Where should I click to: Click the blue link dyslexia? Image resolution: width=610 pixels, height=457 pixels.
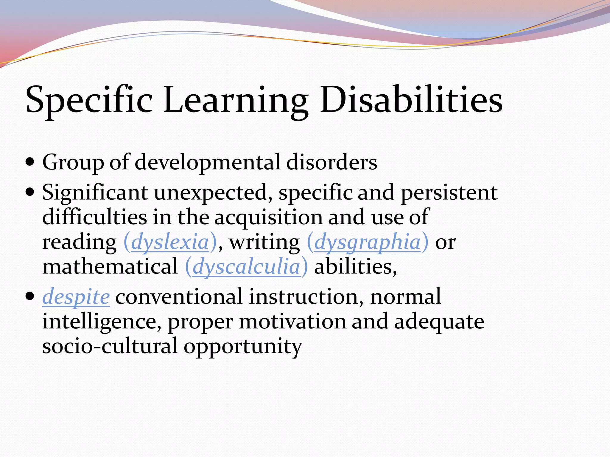pyautogui.click(x=170, y=242)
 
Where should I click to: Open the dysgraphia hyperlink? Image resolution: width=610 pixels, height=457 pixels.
pyautogui.click(x=367, y=242)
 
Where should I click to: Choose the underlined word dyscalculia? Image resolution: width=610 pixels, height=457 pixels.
pyautogui.click(x=246, y=267)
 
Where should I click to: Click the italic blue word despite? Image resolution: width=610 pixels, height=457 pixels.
pyautogui.click(x=76, y=297)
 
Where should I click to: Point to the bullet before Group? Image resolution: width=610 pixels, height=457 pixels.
pyautogui.click(x=30, y=163)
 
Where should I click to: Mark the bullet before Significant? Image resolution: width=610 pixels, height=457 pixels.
pyautogui.click(x=30, y=192)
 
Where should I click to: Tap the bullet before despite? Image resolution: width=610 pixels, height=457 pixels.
pyautogui.click(x=30, y=297)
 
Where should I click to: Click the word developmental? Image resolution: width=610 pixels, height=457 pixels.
pyautogui.click(x=208, y=163)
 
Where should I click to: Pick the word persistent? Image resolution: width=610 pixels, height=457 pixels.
pyautogui.click(x=449, y=192)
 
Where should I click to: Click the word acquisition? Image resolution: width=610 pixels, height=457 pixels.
pyautogui.click(x=268, y=217)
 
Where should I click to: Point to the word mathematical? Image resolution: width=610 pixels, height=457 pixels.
pyautogui.click(x=110, y=267)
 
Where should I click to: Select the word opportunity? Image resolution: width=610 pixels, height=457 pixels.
pyautogui.click(x=243, y=347)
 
